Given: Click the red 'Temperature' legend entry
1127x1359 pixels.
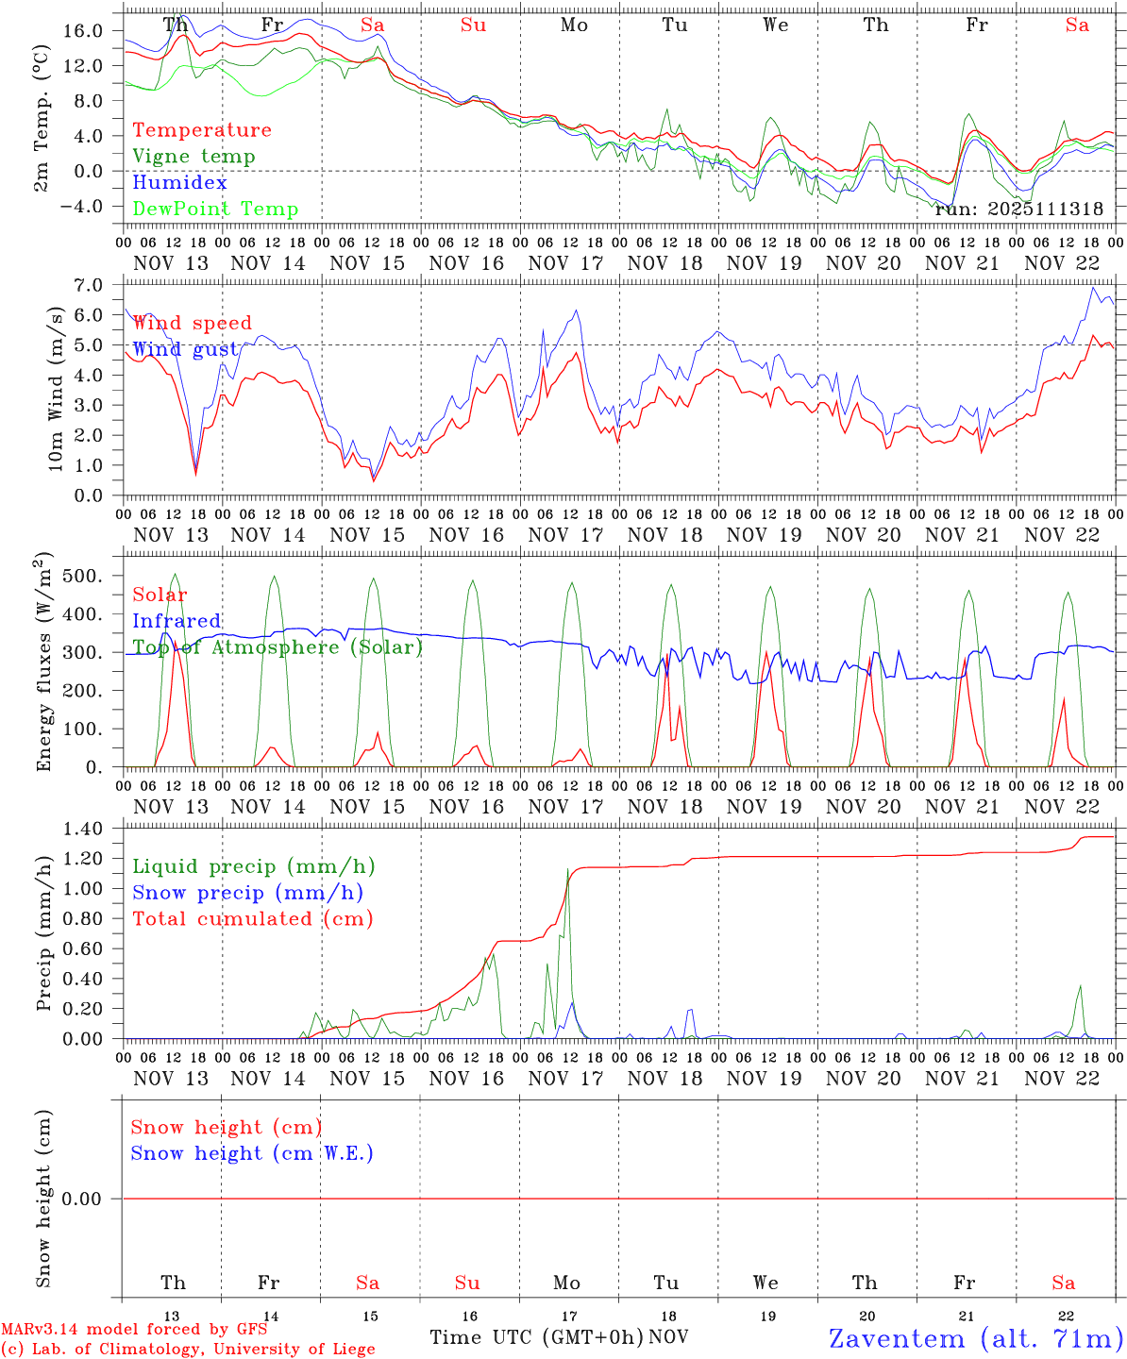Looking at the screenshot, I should point(202,130).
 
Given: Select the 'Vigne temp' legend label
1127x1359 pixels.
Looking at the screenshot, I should point(193,157).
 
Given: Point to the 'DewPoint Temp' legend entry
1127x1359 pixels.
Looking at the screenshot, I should point(215,209).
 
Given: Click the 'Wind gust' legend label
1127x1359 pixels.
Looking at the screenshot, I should point(185,349).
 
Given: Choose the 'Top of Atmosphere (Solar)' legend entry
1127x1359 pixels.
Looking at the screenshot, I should point(278,647).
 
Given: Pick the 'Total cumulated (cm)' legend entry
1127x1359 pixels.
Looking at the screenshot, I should point(253,918).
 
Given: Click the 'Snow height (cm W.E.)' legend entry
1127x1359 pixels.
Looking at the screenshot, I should point(252,1153).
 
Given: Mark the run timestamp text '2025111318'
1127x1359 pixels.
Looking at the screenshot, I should point(1046,210).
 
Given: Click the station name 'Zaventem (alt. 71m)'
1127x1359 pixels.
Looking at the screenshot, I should point(976,1338).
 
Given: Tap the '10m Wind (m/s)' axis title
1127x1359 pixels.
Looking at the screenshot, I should point(56,389).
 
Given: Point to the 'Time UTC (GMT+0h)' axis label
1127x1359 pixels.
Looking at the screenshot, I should point(536,1337).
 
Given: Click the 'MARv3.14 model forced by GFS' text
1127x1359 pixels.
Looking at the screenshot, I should point(134,1329).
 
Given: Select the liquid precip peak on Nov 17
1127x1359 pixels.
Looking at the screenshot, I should point(567,870).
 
